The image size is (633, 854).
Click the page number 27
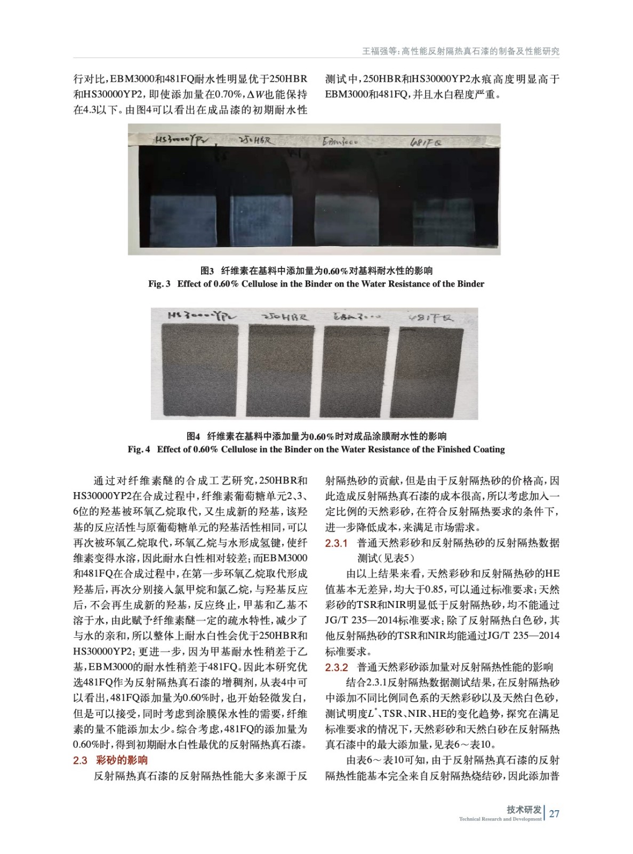coord(554,813)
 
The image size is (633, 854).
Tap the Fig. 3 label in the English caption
coord(159,284)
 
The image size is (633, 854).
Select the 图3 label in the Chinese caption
coord(207,271)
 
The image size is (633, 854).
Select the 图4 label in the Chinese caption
coord(193,437)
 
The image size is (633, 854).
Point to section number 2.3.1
coord(336,543)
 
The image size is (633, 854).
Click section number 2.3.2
coord(336,667)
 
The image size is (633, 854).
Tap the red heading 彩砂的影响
coord(122,760)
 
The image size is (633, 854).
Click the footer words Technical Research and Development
coord(500,819)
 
